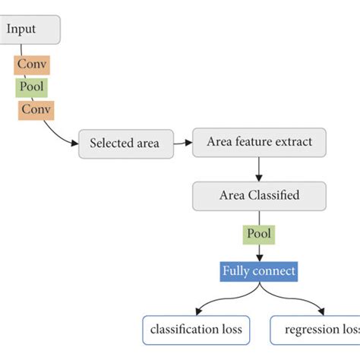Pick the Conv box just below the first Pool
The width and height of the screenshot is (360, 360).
click(36, 109)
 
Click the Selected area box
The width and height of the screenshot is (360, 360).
click(125, 143)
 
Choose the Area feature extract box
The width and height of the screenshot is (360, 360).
click(259, 141)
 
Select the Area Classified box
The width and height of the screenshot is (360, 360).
click(259, 195)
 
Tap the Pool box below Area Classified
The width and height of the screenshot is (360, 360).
click(259, 234)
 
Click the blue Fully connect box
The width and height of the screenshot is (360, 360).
click(259, 270)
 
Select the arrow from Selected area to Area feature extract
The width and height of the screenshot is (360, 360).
click(182, 142)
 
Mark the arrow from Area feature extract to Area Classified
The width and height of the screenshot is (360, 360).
click(259, 168)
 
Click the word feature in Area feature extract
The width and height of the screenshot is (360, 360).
click(257, 141)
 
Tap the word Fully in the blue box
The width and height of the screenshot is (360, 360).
click(238, 270)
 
